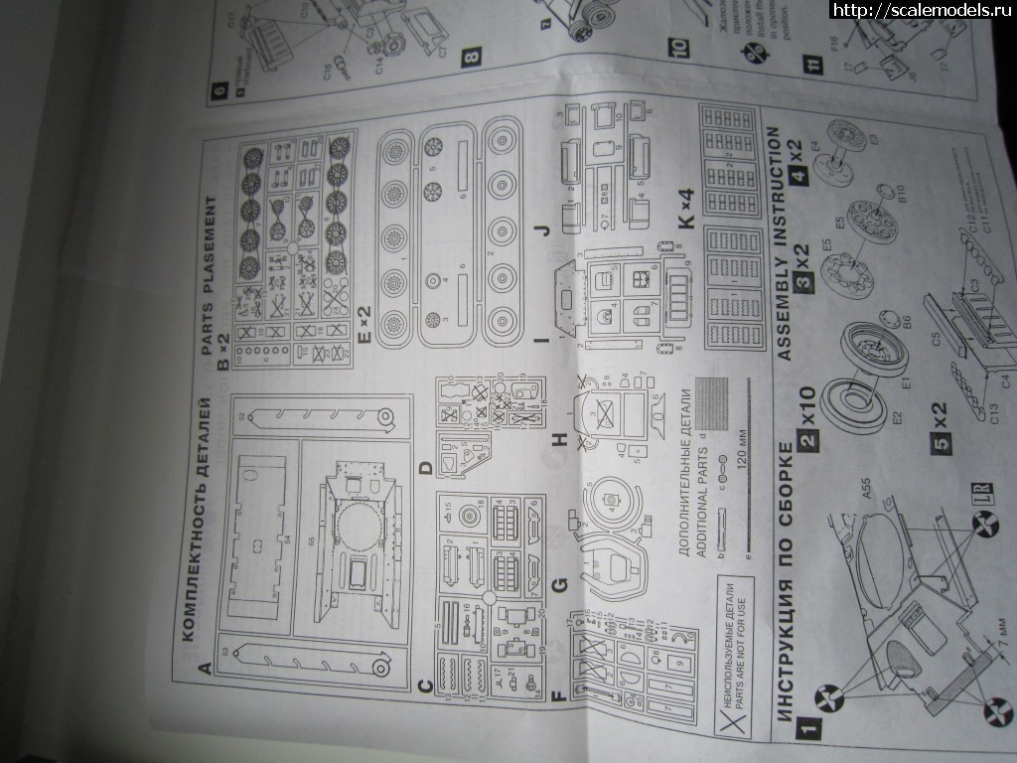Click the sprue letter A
[x=205, y=669]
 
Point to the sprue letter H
[x=562, y=436]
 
